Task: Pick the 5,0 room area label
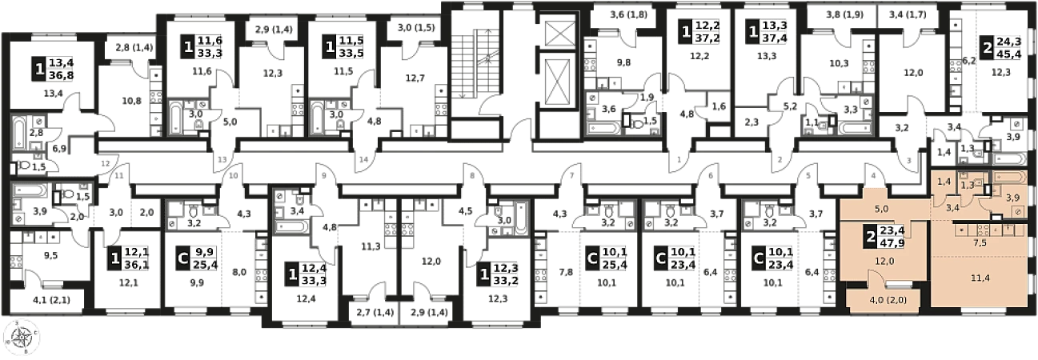click(881, 210)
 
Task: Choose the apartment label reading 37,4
click(775, 39)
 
